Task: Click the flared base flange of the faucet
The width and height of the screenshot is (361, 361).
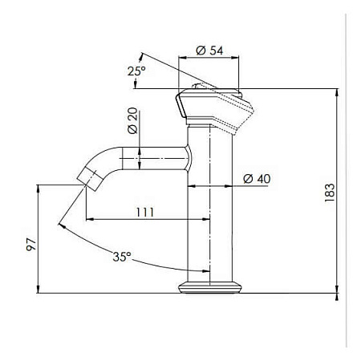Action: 211,287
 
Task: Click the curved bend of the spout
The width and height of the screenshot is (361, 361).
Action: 104,156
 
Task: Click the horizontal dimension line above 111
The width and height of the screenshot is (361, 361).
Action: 136,218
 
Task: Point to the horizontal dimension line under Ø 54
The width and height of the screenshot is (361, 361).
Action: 207,58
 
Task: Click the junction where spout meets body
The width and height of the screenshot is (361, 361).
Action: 189,159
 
